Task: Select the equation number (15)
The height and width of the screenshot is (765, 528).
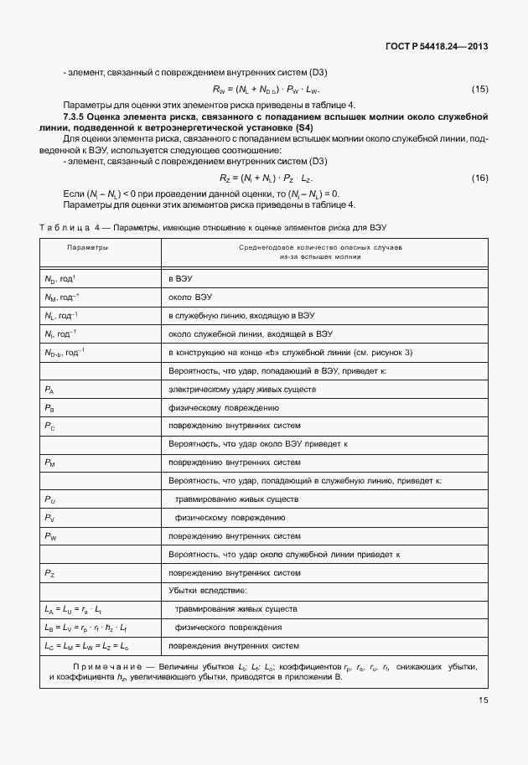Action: click(x=479, y=89)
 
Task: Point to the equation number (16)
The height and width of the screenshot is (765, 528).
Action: click(x=479, y=178)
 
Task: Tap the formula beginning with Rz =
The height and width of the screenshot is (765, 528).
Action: click(x=266, y=178)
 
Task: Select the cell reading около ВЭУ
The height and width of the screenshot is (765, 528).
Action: click(x=190, y=297)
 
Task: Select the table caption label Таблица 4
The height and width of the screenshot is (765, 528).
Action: click(x=70, y=228)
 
